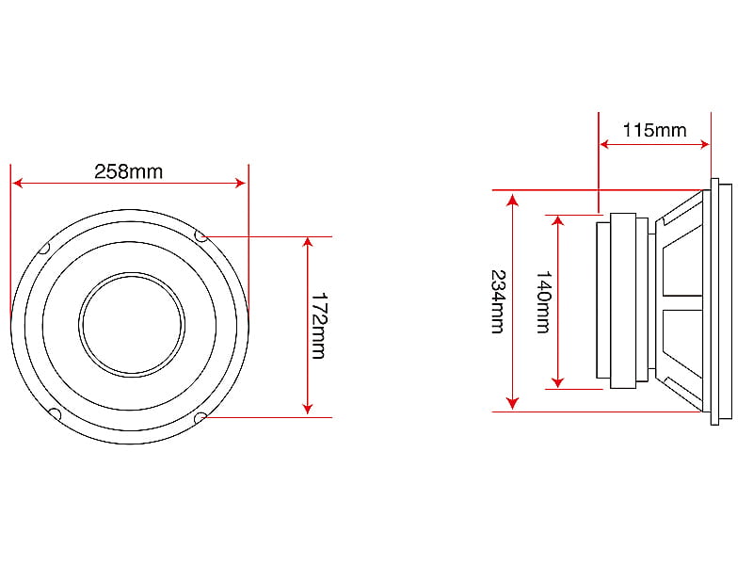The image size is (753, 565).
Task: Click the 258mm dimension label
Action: tap(128, 171)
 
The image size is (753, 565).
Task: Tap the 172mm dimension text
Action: tap(318, 326)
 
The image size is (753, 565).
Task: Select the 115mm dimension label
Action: tap(654, 130)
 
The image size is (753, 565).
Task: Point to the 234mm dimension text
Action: tap(498, 301)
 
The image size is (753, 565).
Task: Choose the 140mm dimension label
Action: tap(543, 301)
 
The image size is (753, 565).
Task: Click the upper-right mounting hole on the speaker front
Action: tap(200, 236)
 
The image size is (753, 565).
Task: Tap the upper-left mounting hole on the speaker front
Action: tap(44, 248)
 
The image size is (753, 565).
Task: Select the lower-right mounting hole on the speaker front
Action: tap(200, 417)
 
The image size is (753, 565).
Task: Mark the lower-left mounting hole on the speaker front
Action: tap(56, 413)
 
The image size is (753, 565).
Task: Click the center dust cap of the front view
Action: tap(131, 325)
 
